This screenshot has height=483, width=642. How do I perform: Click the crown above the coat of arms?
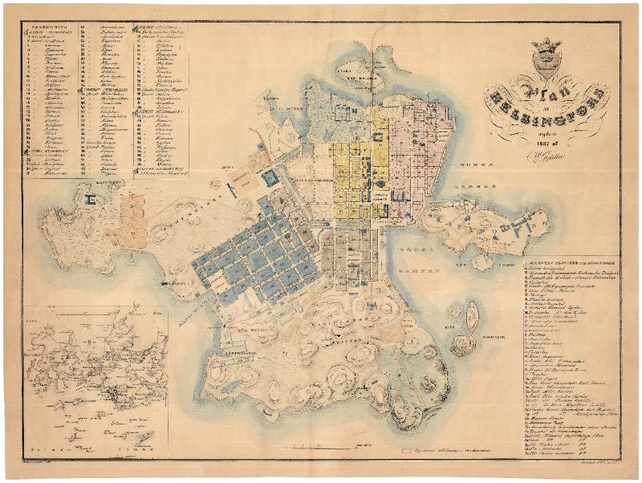(548, 46)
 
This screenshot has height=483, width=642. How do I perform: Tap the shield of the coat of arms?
(548, 64)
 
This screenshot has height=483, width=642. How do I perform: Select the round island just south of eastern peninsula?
(481, 262)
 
